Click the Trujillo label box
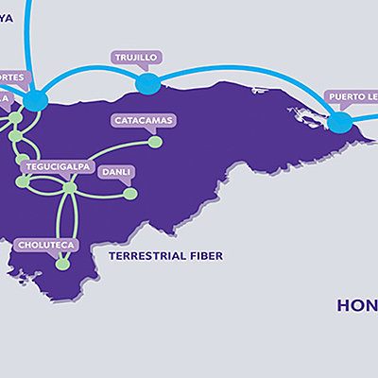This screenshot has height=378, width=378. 136,58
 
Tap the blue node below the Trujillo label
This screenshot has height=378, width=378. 146,84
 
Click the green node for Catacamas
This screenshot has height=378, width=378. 155,142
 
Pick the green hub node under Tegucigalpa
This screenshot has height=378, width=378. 69,188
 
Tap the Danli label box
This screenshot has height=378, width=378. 116,172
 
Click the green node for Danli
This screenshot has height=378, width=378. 130,194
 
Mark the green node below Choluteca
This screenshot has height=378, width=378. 62,265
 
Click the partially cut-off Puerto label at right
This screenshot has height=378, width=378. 351,96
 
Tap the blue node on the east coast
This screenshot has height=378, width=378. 339,122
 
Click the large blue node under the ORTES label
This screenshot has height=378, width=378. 36,99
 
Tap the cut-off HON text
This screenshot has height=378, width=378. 358,305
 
